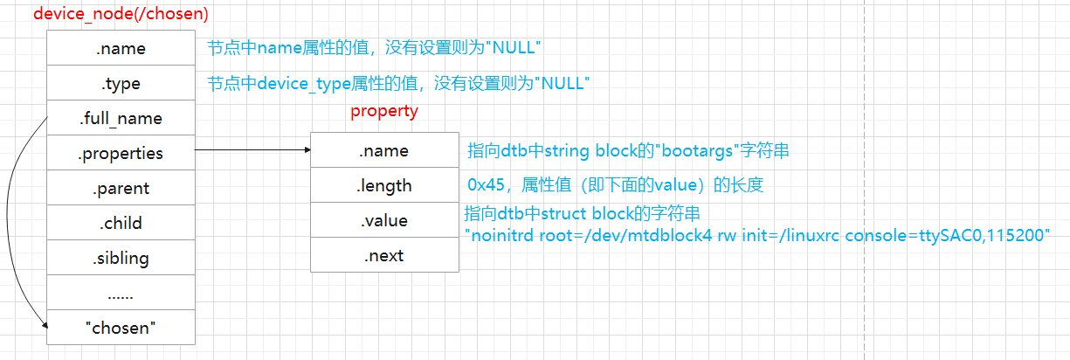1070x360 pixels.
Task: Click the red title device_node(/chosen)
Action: [121, 14]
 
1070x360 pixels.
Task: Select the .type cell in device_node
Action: [121, 84]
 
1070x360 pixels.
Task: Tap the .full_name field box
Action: [121, 118]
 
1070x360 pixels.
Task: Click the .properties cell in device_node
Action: [121, 153]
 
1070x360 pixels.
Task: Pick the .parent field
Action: [121, 188]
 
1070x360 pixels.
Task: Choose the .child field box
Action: [121, 223]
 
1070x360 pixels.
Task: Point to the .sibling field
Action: [121, 258]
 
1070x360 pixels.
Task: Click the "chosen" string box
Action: [121, 328]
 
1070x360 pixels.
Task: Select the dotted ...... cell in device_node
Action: [121, 293]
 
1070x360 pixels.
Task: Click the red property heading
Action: [384, 111]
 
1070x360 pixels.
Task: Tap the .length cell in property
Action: [384, 185]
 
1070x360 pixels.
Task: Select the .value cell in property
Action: [384, 220]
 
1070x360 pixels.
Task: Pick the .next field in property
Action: [384, 255]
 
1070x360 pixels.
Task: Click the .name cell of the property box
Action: [384, 150]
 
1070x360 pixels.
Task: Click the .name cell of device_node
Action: [121, 49]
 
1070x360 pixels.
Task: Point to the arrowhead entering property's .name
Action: [307, 150]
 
